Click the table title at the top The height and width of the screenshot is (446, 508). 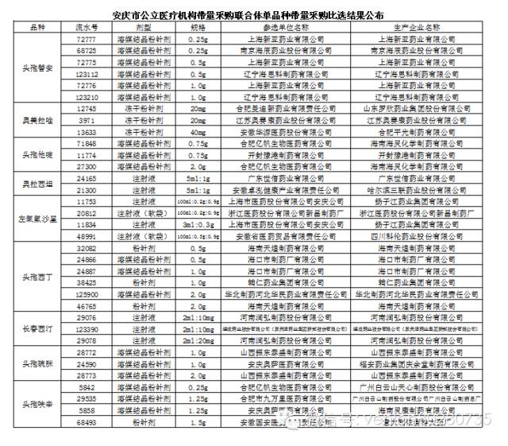click(254, 13)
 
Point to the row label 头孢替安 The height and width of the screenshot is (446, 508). click(37, 68)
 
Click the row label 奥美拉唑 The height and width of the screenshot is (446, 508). click(37, 119)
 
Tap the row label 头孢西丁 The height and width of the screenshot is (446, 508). click(37, 276)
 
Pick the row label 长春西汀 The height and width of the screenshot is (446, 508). click(37, 328)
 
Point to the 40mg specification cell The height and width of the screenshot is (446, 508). click(198, 131)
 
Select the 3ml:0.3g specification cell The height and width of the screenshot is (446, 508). click(198, 225)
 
